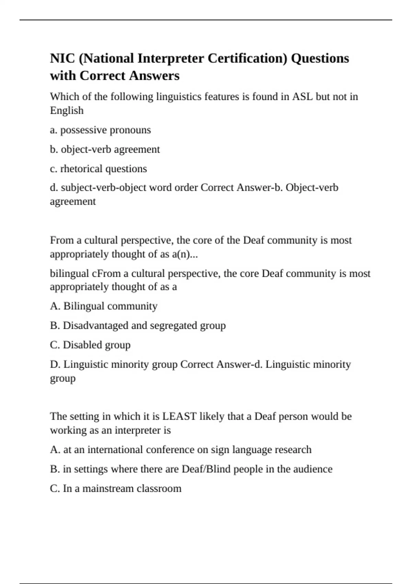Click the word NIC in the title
click(62, 58)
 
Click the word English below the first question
click(67, 111)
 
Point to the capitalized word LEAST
click(179, 416)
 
